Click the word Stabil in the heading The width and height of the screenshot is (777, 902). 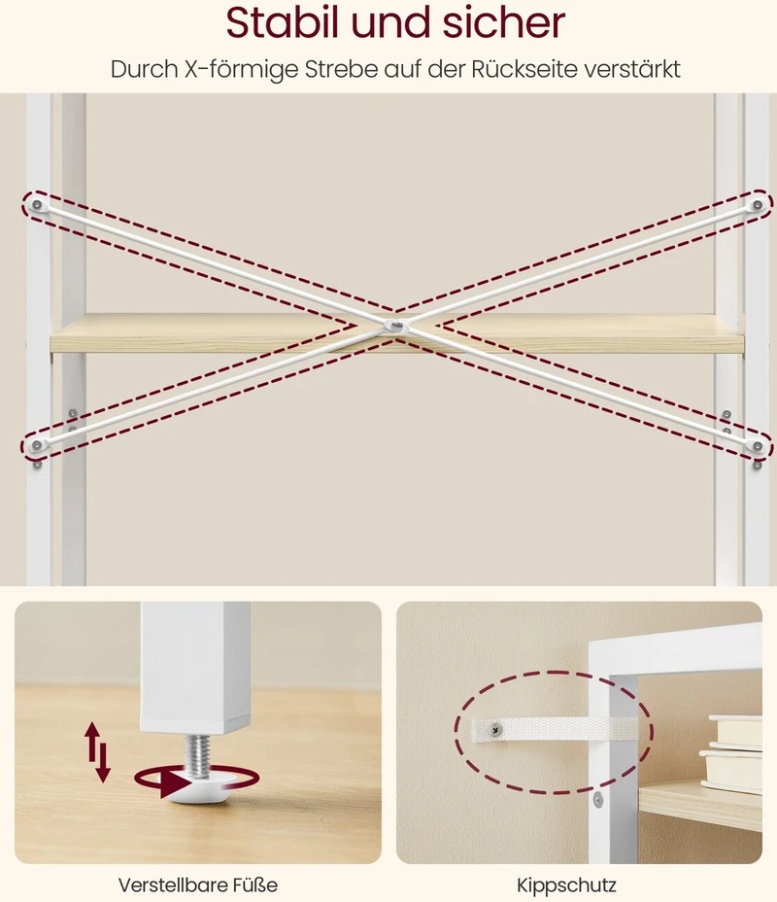(x=284, y=23)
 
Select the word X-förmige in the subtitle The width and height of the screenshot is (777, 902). (x=242, y=69)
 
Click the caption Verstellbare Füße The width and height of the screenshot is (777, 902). (x=198, y=885)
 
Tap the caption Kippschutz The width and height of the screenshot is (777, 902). (x=566, y=885)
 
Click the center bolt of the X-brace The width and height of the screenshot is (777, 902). (x=396, y=327)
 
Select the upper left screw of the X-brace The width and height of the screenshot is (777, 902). (x=37, y=205)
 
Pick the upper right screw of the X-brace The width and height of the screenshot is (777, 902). (x=758, y=205)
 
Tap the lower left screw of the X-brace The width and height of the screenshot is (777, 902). (x=37, y=445)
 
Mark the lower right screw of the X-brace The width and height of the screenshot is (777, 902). (x=757, y=446)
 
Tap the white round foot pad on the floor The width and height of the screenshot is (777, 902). (x=201, y=789)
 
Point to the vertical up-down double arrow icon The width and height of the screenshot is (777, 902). (x=97, y=752)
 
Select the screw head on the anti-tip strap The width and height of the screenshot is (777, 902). (x=495, y=730)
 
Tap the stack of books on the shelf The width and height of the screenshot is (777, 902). (x=731, y=752)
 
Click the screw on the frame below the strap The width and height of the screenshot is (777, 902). (x=598, y=799)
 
